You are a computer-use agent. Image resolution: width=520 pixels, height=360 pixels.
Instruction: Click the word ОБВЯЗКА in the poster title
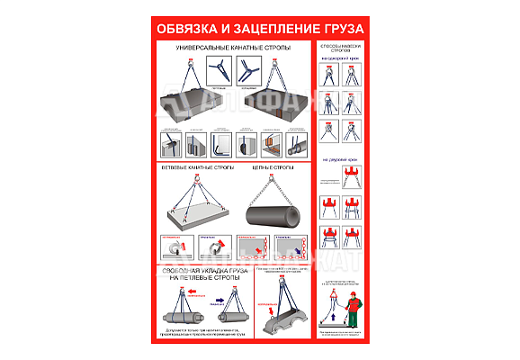coord(185,27)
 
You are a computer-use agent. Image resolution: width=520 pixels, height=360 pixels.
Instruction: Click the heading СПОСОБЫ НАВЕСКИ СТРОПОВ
coord(340,48)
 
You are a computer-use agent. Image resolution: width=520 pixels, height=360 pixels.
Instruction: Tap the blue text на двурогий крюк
coord(340,160)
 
